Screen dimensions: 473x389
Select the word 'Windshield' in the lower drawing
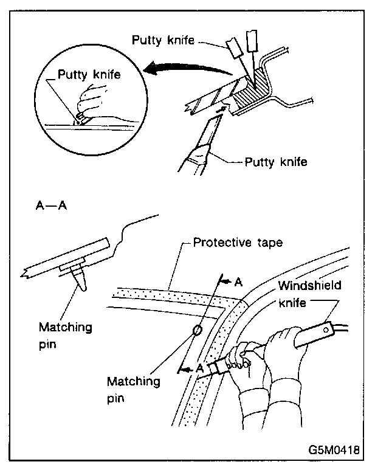point(309,285)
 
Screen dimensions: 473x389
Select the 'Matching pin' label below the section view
point(65,334)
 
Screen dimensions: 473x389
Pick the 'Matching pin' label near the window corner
point(133,388)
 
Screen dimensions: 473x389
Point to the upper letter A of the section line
point(239,282)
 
